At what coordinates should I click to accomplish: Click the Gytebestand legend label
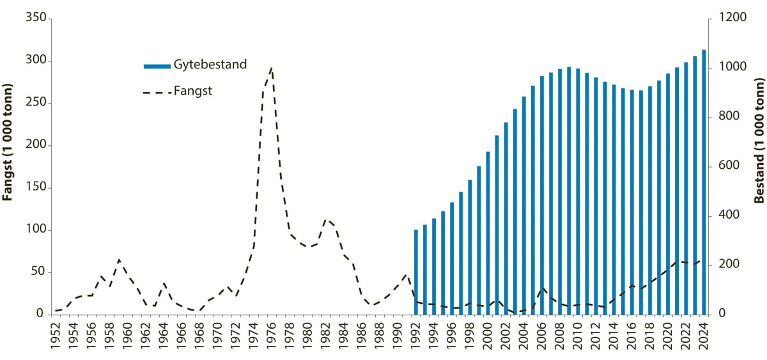click(210, 65)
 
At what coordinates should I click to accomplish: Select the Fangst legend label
click(192, 91)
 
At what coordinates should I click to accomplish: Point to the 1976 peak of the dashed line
click(272, 68)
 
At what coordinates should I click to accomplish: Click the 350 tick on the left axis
click(36, 19)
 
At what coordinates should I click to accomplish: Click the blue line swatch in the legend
click(157, 65)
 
